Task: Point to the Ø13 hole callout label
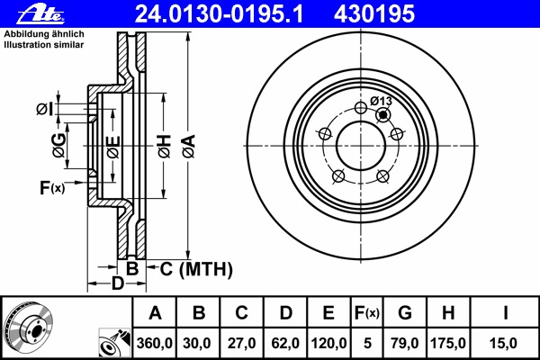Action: click(382, 100)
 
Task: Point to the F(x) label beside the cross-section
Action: click(51, 188)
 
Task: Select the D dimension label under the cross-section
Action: click(116, 285)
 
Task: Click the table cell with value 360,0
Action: click(155, 343)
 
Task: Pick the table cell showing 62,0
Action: click(285, 343)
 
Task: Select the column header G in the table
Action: click(405, 313)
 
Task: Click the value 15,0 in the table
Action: click(506, 343)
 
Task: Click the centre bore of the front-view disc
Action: click(361, 145)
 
